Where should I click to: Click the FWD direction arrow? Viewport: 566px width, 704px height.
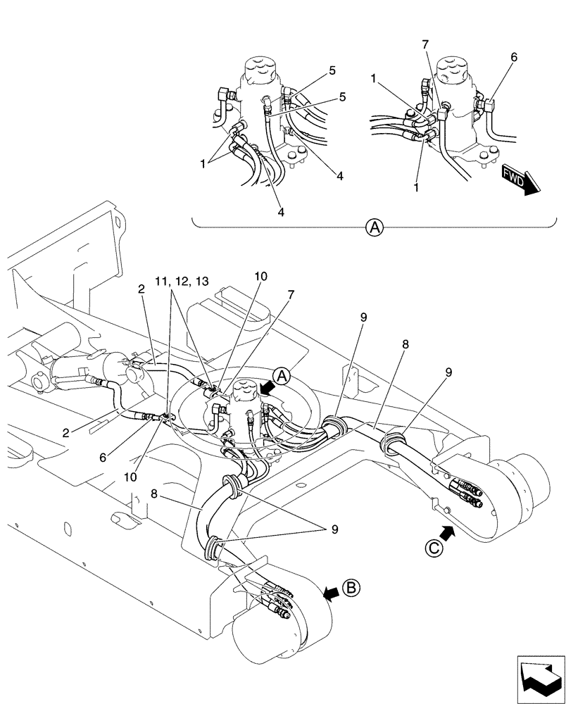[x=520, y=181]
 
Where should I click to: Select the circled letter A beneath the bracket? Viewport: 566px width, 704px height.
[x=375, y=227]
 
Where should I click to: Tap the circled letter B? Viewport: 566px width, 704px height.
[x=351, y=586]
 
